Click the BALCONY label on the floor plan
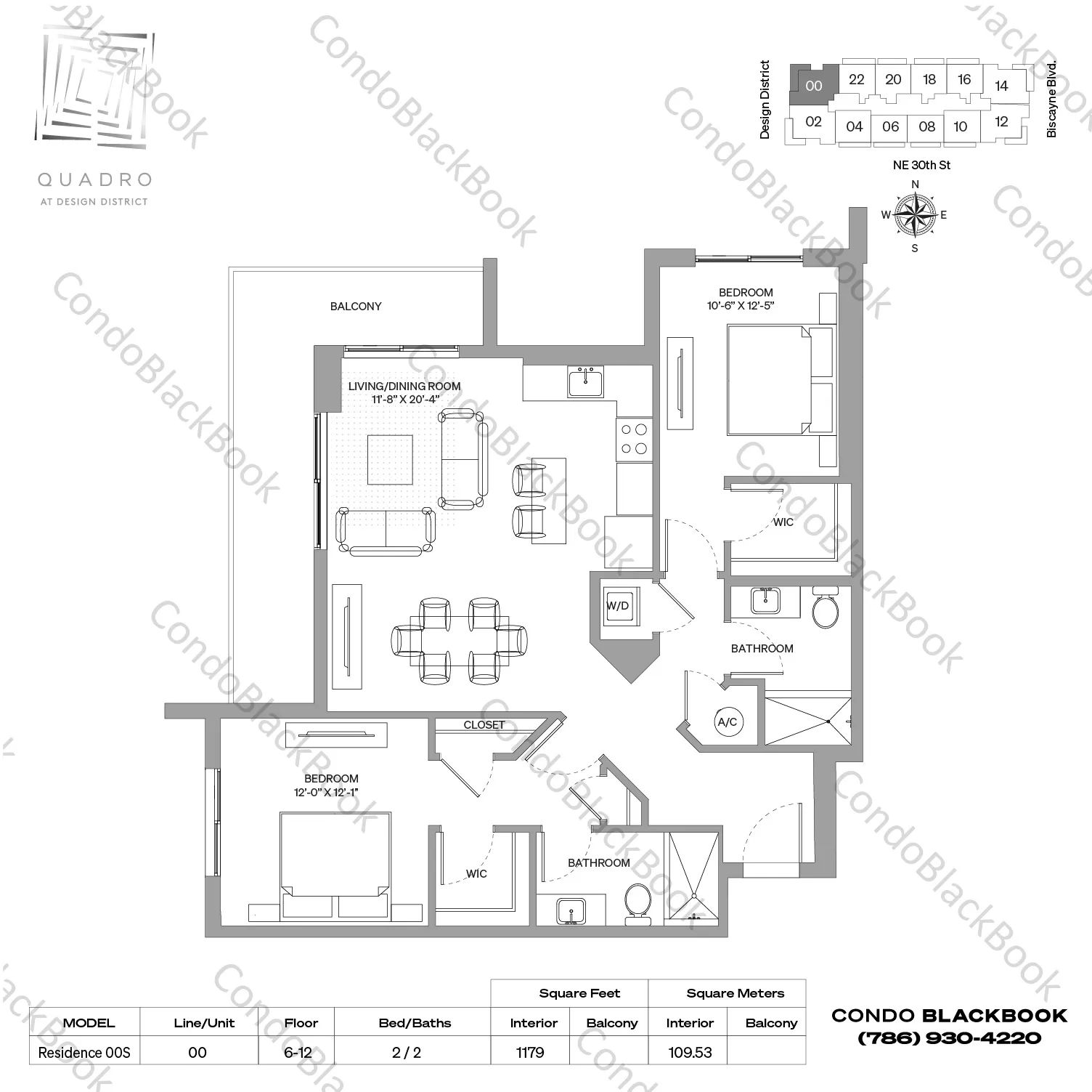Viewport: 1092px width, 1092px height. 355,307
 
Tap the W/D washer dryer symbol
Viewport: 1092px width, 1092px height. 619,606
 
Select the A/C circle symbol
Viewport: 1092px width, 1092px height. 727,721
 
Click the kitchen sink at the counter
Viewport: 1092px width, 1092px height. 585,381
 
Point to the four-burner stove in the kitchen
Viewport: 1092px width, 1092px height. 634,440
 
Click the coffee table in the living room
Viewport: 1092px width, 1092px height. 390,459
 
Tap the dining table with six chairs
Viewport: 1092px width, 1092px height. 459,640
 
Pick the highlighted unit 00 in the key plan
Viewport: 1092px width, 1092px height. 813,86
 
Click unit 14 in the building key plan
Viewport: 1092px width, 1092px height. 1001,86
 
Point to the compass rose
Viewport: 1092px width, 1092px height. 914,215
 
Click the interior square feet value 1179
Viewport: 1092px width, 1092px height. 530,1052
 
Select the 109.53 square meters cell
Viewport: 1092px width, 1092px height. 689,1052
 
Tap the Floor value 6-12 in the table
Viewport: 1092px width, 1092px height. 298,1052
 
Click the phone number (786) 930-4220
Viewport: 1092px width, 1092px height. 949,1038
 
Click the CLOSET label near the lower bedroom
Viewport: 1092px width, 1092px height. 484,725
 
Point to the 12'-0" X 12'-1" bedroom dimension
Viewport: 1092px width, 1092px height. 327,792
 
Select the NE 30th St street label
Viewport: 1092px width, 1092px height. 921,165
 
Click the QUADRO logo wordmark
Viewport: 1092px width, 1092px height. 94,179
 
